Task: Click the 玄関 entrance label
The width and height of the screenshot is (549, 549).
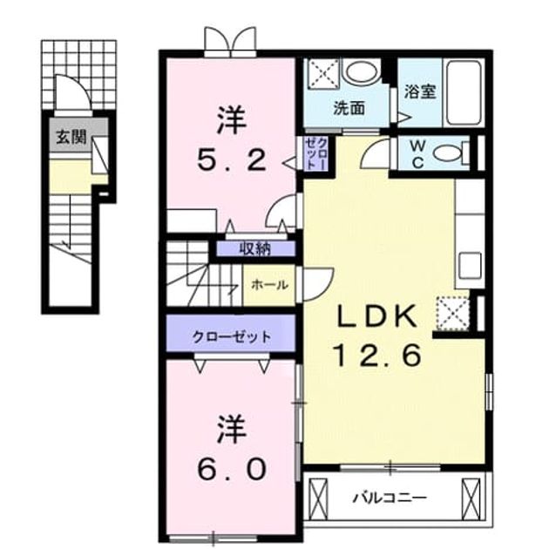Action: [x=71, y=136]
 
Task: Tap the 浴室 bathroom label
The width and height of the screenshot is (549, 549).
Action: [x=420, y=91]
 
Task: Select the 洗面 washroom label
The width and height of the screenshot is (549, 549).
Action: [x=349, y=108]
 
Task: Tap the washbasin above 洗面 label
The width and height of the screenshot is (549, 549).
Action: [x=363, y=72]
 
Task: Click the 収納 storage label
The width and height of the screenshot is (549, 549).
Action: [x=255, y=248]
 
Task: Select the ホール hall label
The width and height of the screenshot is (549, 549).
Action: [x=269, y=285]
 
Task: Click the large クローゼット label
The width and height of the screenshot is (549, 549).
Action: [x=232, y=337]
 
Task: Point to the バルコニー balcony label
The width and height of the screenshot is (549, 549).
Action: [x=390, y=497]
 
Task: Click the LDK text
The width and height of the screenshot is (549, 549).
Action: [x=377, y=316]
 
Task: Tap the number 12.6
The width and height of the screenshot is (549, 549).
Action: [x=377, y=355]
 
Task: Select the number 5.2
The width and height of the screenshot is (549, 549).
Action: [x=232, y=160]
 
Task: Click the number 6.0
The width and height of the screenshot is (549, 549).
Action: [x=232, y=469]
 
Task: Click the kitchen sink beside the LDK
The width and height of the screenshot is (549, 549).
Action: [x=471, y=266]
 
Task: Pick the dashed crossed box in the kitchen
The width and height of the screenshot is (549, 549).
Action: [x=453, y=314]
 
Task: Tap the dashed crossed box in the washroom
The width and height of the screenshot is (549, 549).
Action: [x=323, y=74]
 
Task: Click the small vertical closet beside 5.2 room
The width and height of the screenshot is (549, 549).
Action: [x=315, y=153]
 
